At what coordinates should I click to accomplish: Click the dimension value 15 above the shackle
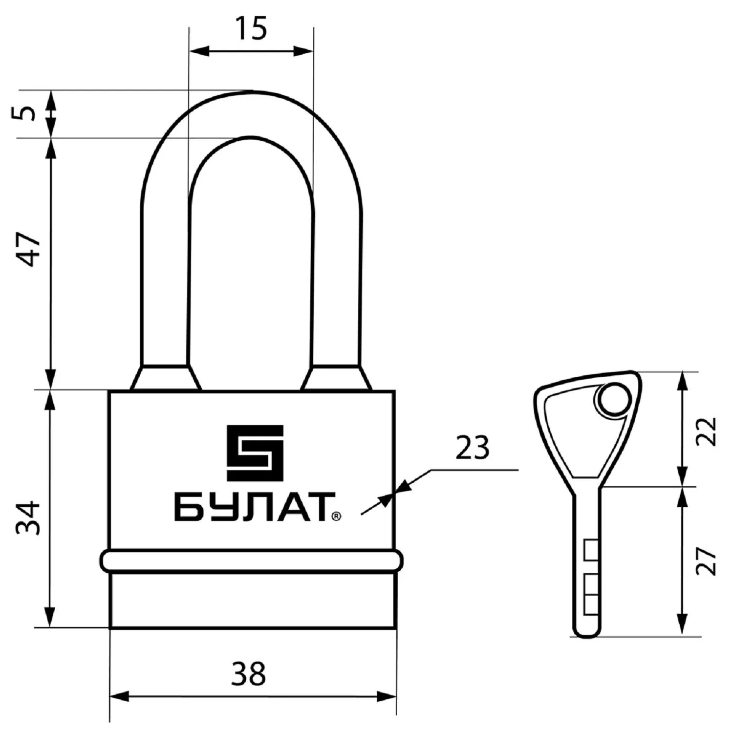coord(252,28)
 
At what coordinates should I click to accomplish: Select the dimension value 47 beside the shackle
coord(28,249)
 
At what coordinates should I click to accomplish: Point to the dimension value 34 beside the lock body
coord(28,517)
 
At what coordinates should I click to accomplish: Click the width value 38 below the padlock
coord(249,674)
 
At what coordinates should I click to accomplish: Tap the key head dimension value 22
coord(707,431)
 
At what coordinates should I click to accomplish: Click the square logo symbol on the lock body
coord(255,453)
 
